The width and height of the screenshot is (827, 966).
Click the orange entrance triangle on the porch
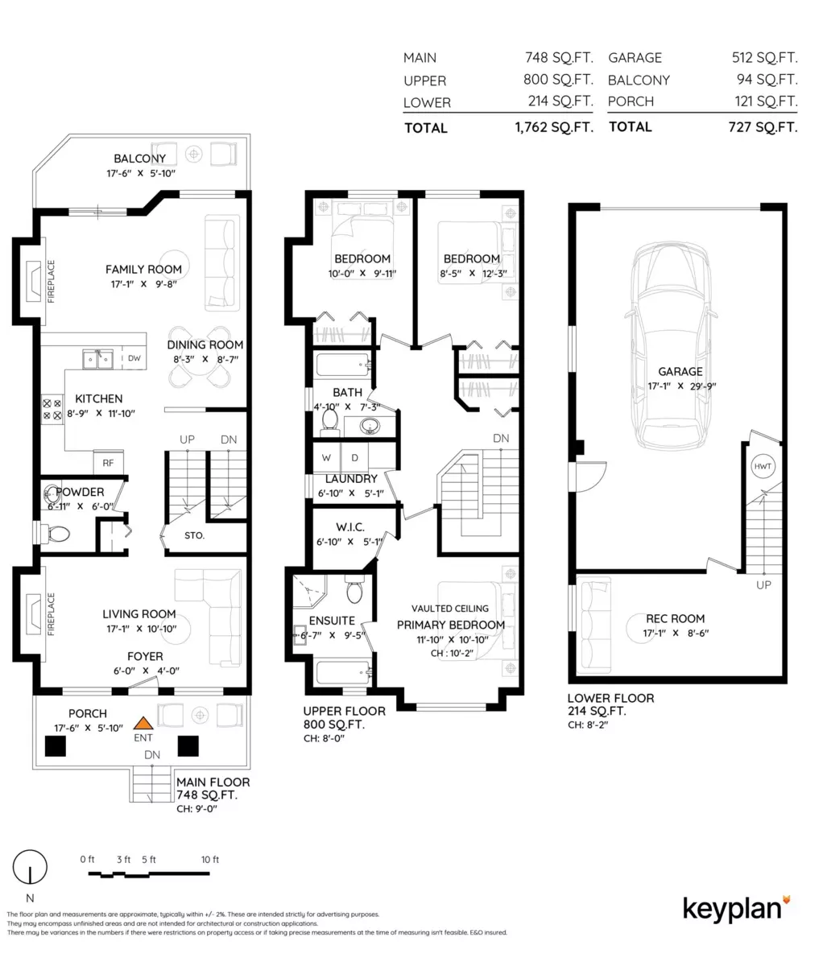tap(143, 723)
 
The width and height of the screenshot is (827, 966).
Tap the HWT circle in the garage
tap(763, 466)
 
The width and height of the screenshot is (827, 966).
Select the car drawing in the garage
tap(670, 345)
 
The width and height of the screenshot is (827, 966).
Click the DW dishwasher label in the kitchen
tap(134, 358)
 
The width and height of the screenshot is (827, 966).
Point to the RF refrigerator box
tap(109, 463)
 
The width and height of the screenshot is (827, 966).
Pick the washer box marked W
tap(326, 457)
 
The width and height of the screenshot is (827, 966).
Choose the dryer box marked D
tap(354, 457)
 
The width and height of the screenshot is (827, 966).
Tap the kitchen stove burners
tap(52, 410)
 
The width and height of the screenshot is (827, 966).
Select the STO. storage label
tap(195, 535)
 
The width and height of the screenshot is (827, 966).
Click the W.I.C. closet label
tap(350, 527)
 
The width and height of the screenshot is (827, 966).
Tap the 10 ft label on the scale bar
tap(210, 860)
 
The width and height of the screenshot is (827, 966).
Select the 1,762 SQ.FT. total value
tap(555, 127)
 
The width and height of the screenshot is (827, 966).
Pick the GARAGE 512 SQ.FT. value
tap(764, 57)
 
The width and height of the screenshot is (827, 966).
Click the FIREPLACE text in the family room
tap(51, 281)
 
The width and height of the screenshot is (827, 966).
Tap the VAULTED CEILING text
tap(449, 609)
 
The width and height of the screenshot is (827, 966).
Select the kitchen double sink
tap(97, 359)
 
